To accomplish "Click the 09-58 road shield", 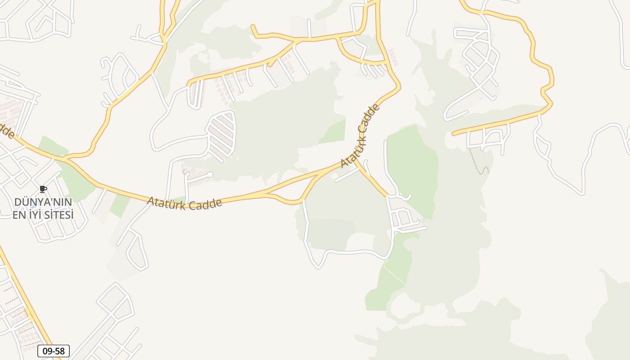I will click(54, 351).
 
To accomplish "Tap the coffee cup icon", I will click(43, 189).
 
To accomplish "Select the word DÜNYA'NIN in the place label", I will click(43, 202).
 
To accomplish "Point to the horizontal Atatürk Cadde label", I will click(184, 204).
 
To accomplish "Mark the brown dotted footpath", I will click(478, 163).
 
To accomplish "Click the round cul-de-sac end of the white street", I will click(210, 174).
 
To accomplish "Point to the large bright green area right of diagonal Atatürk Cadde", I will click(412, 166).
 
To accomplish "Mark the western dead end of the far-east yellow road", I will click(454, 134).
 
